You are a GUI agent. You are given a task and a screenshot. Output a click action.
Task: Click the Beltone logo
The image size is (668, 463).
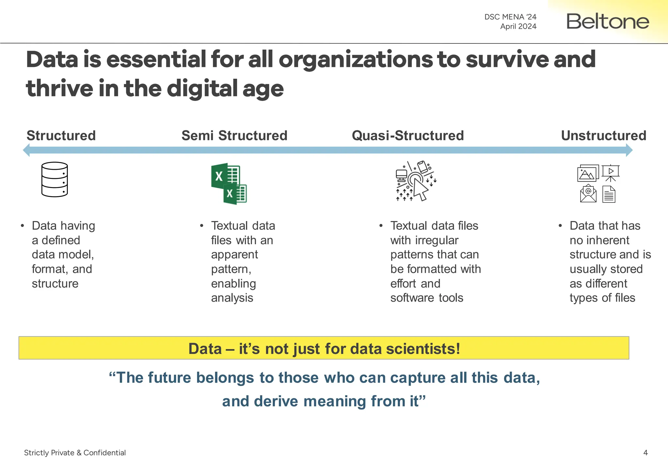click(608, 22)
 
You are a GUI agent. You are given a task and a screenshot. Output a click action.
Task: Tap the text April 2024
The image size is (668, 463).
click(518, 26)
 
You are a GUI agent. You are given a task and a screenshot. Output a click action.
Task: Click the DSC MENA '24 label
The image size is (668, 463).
click(510, 17)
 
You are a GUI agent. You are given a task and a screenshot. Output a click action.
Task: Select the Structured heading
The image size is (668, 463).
click(61, 136)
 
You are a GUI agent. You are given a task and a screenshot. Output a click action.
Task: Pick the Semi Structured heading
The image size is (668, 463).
click(234, 136)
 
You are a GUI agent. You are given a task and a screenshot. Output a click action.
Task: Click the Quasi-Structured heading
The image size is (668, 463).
click(408, 136)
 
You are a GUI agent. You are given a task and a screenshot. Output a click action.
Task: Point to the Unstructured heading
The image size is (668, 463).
click(603, 136)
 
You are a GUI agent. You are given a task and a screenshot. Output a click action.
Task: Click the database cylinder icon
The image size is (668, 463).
click(54, 180)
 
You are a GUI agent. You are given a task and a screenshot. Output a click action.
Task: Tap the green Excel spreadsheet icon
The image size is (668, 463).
click(229, 184)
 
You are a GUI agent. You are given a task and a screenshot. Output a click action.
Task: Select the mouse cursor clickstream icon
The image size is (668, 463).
click(416, 181)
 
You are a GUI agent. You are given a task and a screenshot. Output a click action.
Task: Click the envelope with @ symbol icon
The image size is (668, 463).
click(588, 194)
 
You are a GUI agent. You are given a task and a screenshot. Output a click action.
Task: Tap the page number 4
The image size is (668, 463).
click(645, 453)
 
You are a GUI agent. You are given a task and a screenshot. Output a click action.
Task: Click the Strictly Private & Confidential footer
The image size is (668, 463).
click(75, 453)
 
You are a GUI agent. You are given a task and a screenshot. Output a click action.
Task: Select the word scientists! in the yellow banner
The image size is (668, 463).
click(423, 349)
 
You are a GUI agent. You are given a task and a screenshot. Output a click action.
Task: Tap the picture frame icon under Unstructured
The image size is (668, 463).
click(588, 173)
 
